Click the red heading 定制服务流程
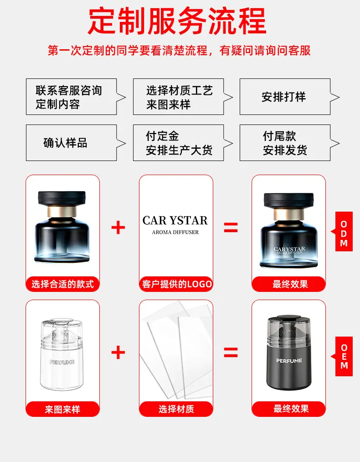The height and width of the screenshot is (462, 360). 177,21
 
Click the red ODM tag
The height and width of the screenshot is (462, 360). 343,232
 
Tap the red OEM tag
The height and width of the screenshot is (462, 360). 343,357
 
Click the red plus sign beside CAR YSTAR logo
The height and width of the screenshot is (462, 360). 118,228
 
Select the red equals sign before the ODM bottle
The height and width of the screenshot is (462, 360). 231,228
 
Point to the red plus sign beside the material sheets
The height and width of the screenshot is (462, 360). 118,353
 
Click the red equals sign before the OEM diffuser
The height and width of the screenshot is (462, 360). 231,353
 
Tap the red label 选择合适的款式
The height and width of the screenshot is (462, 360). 63,284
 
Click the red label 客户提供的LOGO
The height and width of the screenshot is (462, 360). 176,284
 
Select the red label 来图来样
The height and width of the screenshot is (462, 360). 63,409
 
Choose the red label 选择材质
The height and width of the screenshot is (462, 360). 176,409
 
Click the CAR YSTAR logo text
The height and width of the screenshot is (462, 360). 175,220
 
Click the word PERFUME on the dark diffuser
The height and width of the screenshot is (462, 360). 289,361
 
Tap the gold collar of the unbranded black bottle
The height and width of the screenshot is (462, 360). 62,212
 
